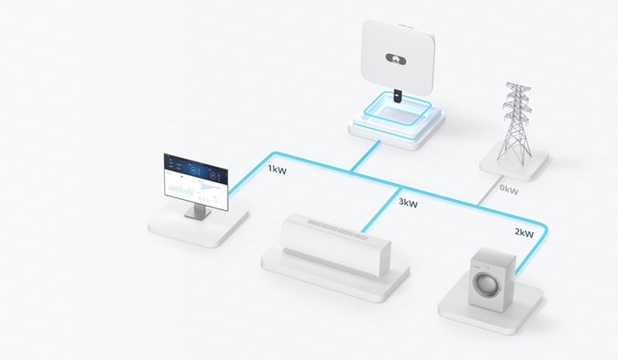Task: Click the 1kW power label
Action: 276,169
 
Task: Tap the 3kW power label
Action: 407,203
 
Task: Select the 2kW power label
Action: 522,232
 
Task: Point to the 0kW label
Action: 509,191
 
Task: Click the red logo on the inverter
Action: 395,58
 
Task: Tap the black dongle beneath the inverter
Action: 399,96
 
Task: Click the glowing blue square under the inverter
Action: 395,115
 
